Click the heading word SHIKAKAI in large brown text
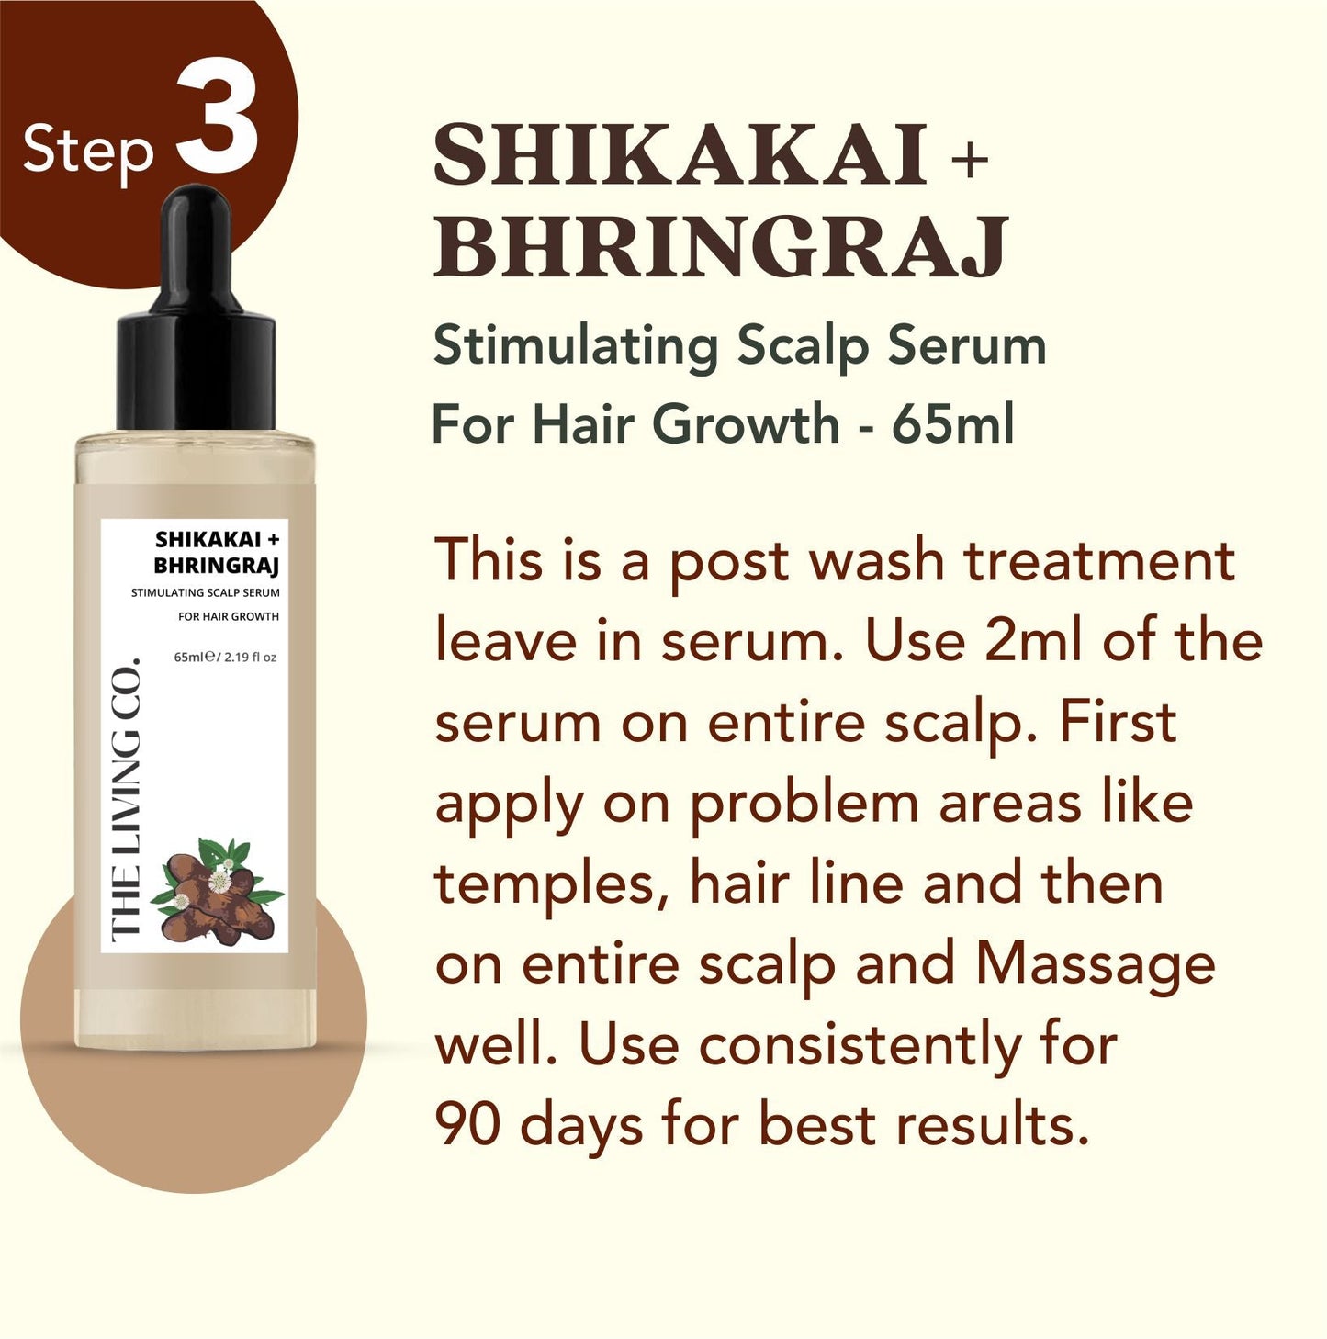680,156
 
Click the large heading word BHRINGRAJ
721,246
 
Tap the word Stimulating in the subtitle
576,347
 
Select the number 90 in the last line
467,1124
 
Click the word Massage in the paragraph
1095,964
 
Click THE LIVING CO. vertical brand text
125,799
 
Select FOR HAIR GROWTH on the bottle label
228,616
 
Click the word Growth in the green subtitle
746,424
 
